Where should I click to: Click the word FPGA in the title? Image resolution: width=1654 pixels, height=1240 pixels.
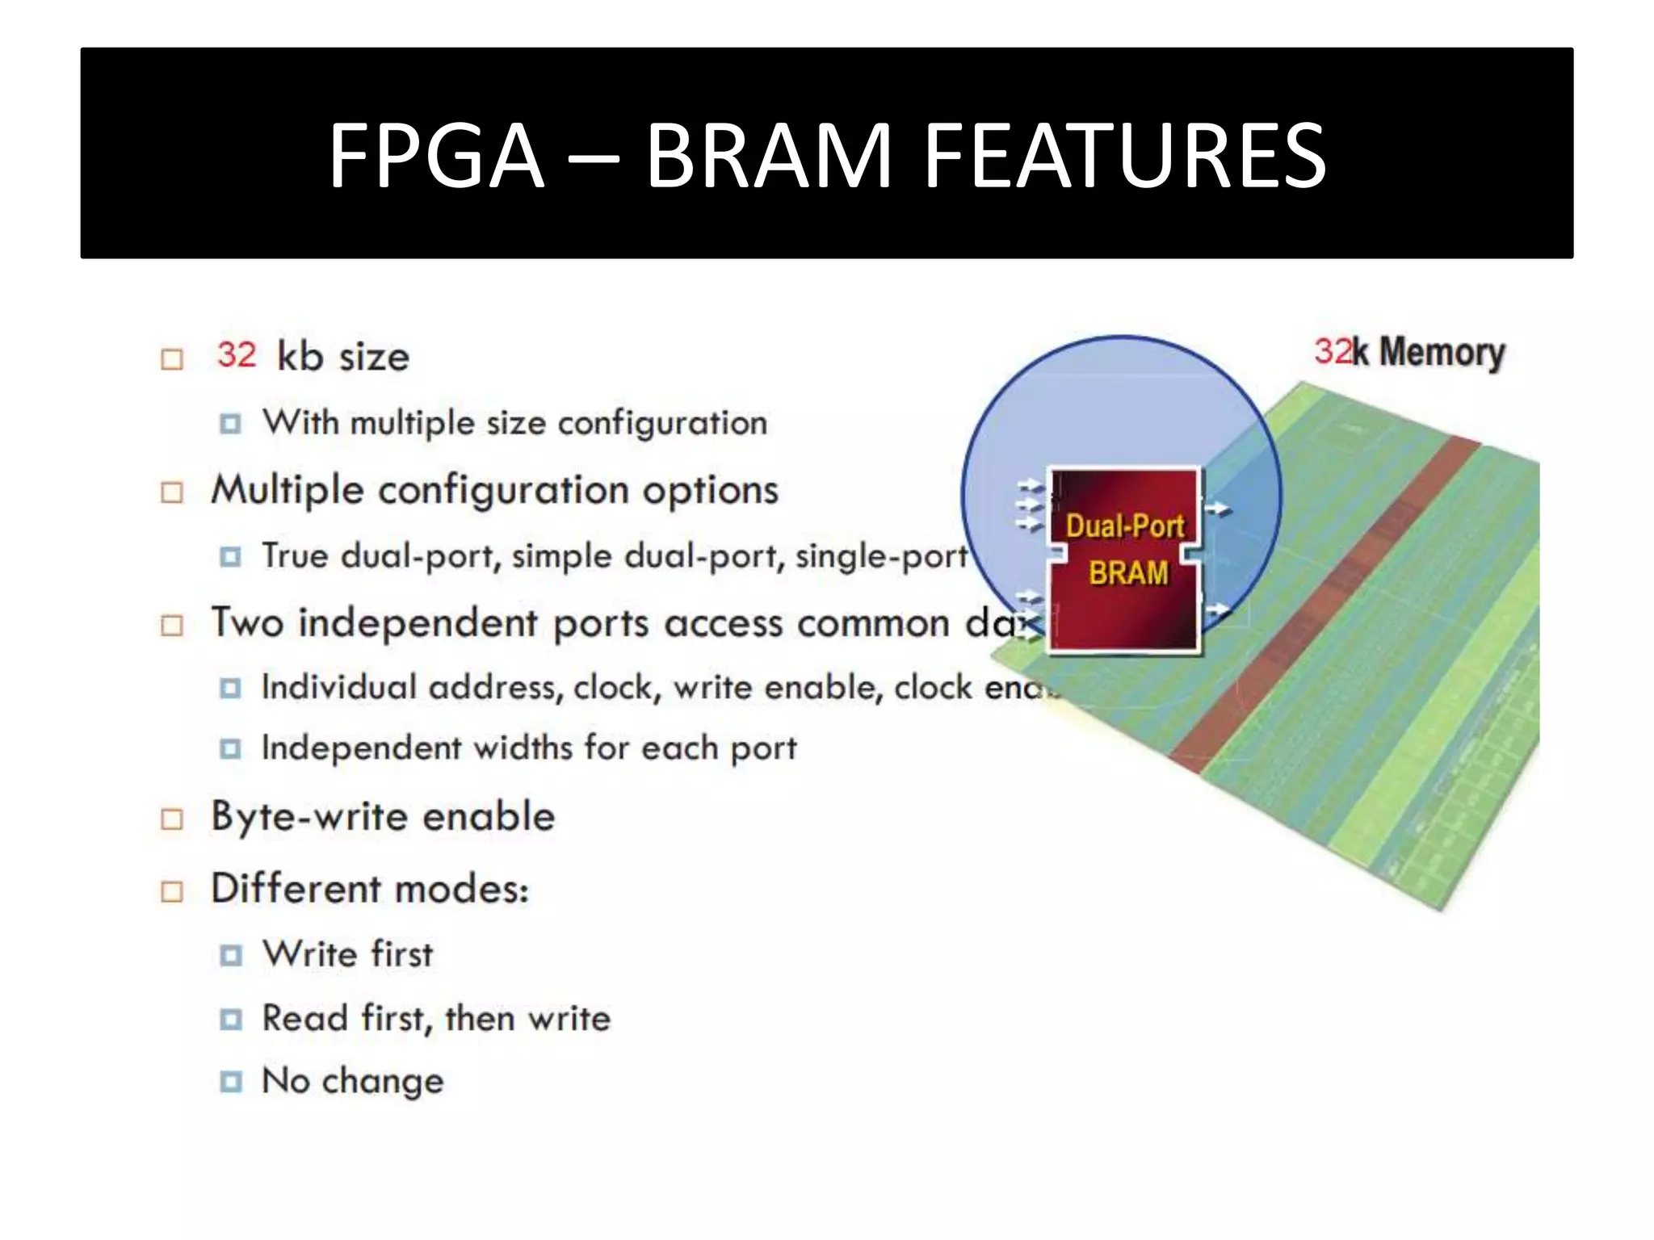(x=436, y=155)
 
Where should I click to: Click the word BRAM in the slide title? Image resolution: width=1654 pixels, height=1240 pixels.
(x=768, y=155)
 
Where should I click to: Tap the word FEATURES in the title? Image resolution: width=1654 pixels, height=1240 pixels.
(x=1124, y=155)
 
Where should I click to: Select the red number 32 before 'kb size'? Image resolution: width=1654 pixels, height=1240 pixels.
(x=237, y=355)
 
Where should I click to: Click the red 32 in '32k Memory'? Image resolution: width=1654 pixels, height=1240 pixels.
(x=1333, y=351)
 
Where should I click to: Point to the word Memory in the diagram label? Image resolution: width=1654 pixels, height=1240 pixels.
(x=1442, y=353)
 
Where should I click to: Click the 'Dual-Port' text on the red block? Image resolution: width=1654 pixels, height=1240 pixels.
(x=1124, y=526)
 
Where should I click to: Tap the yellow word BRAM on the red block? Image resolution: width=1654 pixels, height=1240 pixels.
(x=1128, y=573)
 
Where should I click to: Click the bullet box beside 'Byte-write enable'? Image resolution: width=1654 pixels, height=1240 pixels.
(x=172, y=819)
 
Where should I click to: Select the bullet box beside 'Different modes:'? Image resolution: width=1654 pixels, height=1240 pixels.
(x=172, y=891)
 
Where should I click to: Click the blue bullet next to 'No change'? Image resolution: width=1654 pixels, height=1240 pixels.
(x=231, y=1082)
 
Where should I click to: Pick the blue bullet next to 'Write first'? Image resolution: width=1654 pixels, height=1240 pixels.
(x=231, y=956)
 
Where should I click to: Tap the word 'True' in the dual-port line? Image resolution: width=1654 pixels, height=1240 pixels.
(x=295, y=556)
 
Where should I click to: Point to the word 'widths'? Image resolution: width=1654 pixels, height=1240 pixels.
(x=523, y=748)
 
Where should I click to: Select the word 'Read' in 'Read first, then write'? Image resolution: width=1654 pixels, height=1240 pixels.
(x=305, y=1018)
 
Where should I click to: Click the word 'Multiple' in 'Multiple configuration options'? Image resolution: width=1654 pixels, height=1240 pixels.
(x=288, y=490)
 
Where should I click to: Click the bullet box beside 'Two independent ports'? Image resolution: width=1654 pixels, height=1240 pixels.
(x=172, y=625)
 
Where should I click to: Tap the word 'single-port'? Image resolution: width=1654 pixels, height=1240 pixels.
(x=881, y=556)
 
